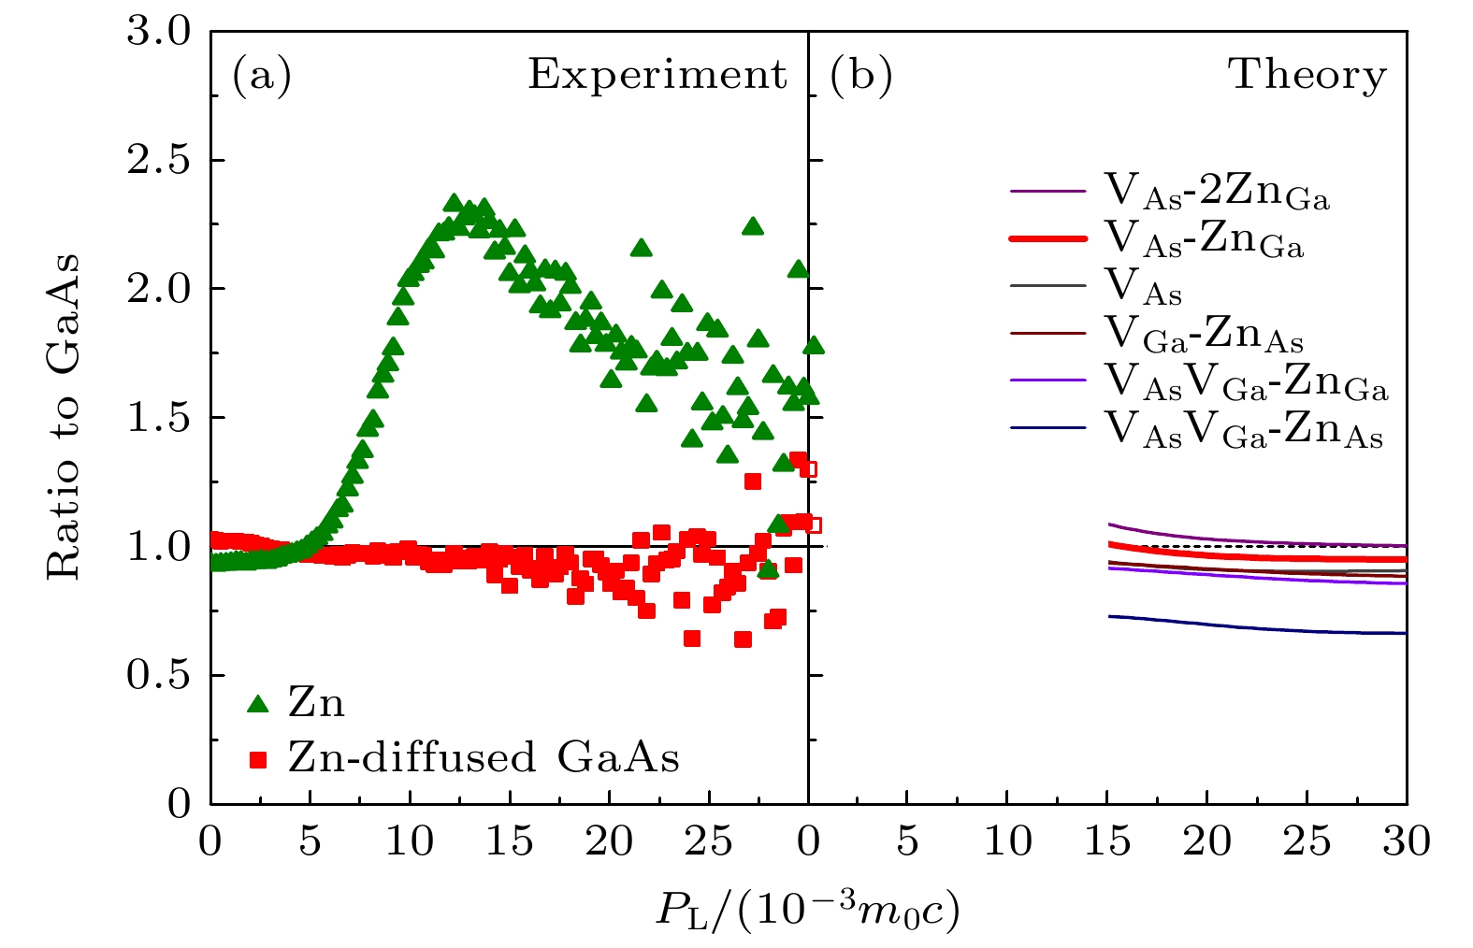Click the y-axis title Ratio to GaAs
[64, 417]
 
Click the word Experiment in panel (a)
[657, 75]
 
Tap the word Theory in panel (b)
[1307, 75]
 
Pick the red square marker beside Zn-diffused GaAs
[258, 760]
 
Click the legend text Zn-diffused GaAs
[484, 758]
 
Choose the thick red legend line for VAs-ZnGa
[1047, 239]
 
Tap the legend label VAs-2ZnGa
[1217, 191]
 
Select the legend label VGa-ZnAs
[1204, 334]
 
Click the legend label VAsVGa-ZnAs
[1244, 430]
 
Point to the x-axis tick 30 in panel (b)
[1406, 842]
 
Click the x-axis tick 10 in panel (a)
[410, 842]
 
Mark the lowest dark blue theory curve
[1253, 626]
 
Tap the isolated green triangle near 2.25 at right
[753, 226]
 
